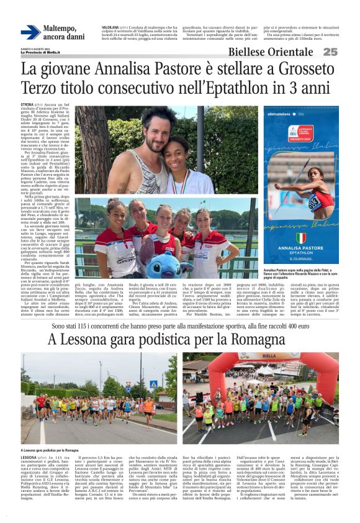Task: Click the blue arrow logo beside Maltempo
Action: pos(31,32)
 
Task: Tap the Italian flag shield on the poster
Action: pos(301,238)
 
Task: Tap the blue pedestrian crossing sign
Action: pos(153,384)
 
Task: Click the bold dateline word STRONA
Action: pos(27,107)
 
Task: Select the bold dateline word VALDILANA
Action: pos(111,28)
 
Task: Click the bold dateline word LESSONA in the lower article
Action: pos(29,457)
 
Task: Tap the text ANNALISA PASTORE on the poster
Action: pos(300,253)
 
